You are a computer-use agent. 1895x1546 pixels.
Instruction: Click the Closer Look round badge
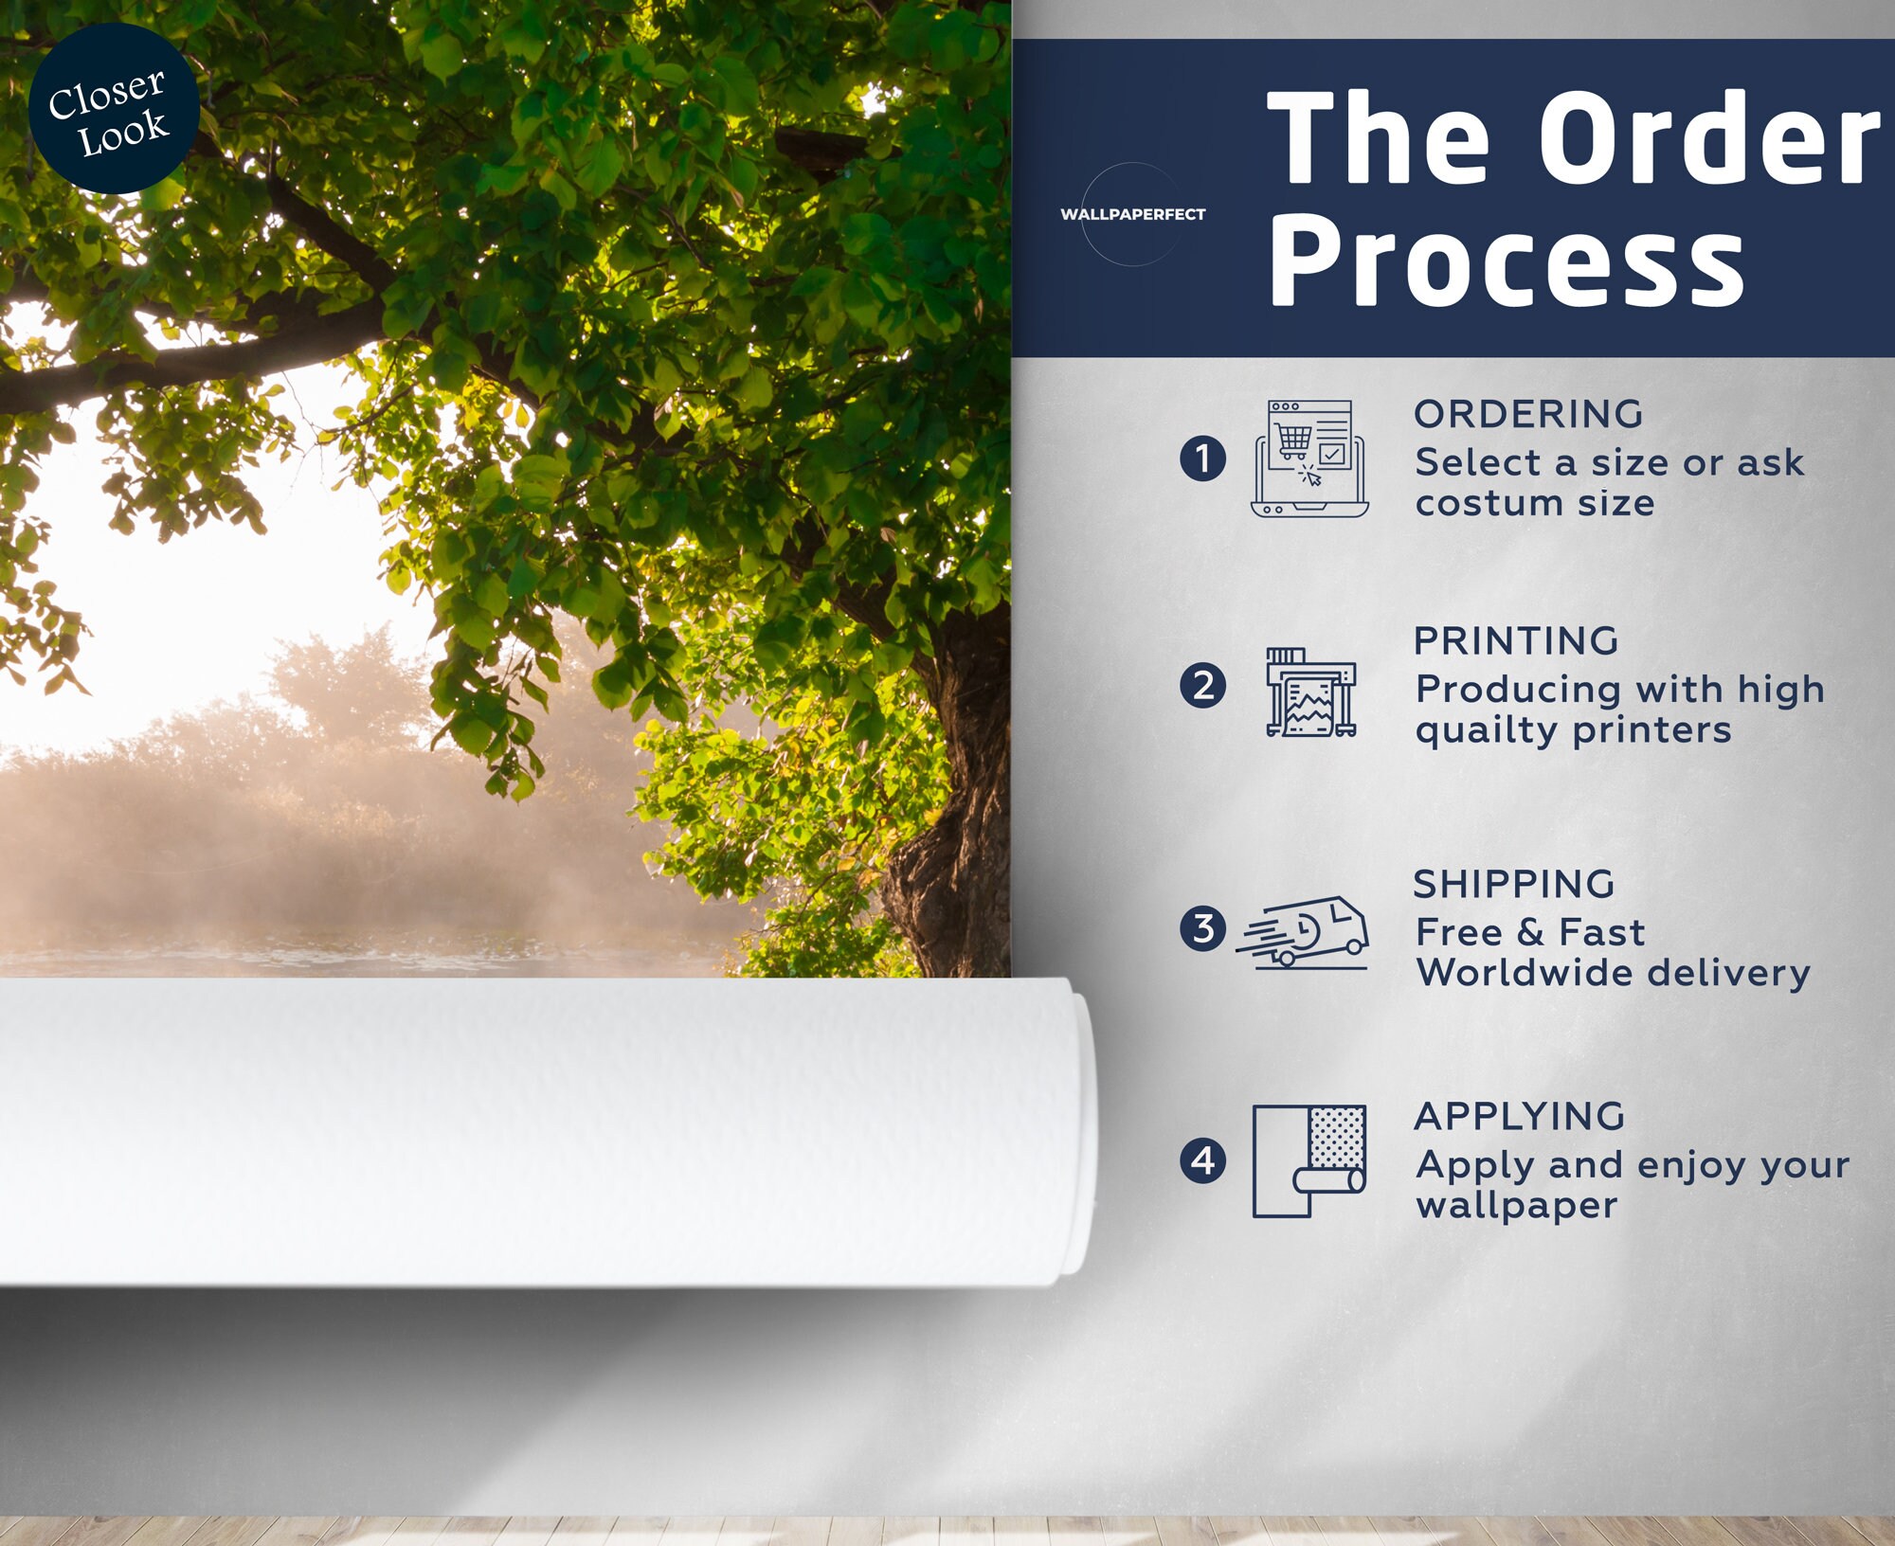(x=114, y=109)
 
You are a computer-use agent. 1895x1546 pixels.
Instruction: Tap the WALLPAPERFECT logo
(x=1132, y=214)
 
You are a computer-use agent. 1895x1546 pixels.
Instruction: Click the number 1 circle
(x=1203, y=458)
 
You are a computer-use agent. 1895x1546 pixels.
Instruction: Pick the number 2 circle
(x=1203, y=686)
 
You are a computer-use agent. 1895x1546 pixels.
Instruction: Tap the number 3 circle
(x=1203, y=928)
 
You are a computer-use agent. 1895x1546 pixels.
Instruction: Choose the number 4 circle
(x=1203, y=1160)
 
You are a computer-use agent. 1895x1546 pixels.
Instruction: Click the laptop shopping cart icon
(x=1309, y=458)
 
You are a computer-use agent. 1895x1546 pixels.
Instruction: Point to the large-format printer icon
(x=1311, y=692)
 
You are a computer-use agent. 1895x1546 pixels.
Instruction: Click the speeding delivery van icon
(x=1303, y=933)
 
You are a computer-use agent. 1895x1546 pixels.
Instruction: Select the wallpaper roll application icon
(x=1309, y=1160)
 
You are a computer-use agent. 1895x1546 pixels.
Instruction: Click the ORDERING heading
(x=1528, y=414)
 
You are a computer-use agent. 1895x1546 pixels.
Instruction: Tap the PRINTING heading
(x=1516, y=641)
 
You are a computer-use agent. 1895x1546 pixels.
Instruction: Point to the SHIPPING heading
(x=1514, y=884)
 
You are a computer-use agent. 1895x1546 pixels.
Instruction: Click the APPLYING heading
(x=1520, y=1116)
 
